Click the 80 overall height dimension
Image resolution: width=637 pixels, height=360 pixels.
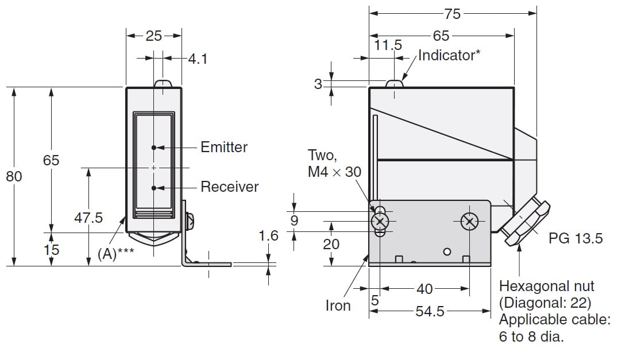(14, 176)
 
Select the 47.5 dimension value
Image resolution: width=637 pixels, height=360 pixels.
(88, 218)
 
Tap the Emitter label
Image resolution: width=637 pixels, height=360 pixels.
(224, 147)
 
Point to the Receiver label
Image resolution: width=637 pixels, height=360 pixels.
(230, 187)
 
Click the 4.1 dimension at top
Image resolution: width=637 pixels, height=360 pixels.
(198, 59)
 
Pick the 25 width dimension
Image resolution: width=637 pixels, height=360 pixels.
(153, 36)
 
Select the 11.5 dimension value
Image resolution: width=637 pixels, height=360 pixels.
(388, 45)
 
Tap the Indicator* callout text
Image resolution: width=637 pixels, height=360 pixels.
(449, 55)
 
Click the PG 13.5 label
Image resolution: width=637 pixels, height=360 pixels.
(576, 239)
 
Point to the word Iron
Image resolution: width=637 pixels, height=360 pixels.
(338, 306)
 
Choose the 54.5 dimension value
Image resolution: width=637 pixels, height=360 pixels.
(430, 311)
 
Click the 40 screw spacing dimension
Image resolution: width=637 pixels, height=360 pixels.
(425, 289)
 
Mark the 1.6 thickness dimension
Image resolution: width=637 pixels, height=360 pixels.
(268, 236)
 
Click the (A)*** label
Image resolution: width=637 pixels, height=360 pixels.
(115, 254)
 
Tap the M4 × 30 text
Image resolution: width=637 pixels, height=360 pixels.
(335, 172)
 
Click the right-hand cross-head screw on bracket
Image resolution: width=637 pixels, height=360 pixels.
(470, 222)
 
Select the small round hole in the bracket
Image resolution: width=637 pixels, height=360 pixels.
(447, 251)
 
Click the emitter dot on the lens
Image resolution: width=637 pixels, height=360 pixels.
(154, 148)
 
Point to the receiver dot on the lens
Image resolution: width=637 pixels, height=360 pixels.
(154, 188)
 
